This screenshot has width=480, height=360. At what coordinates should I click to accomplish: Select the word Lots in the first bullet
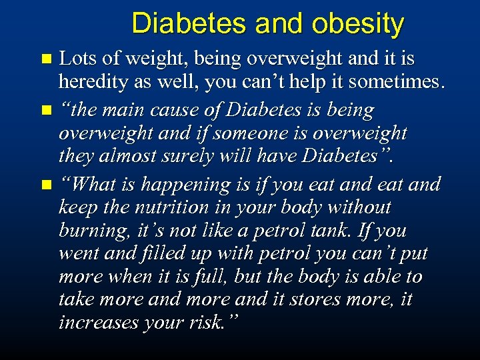75,59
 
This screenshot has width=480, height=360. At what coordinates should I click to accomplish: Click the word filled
171,253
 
